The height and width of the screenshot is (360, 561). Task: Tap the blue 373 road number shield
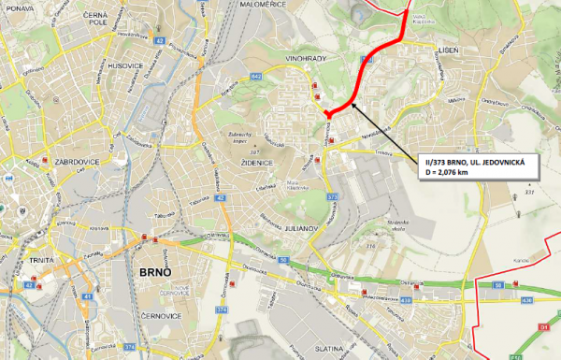[332, 197]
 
